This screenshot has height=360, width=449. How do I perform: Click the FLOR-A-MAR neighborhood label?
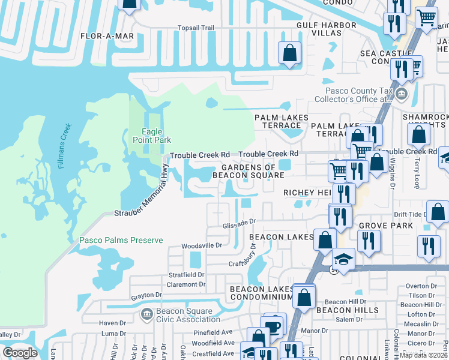(107, 36)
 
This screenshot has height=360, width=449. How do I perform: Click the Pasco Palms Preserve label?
(121, 241)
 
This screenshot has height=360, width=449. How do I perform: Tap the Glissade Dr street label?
(240, 221)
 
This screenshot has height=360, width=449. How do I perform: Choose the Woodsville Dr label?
(202, 245)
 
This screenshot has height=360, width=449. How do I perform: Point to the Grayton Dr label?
(146, 296)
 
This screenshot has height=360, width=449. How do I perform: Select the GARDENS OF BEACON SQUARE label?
(249, 171)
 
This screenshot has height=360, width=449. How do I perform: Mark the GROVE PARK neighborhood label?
(386, 226)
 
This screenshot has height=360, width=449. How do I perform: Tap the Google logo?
(20, 353)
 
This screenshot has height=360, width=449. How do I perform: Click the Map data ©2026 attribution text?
(424, 355)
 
